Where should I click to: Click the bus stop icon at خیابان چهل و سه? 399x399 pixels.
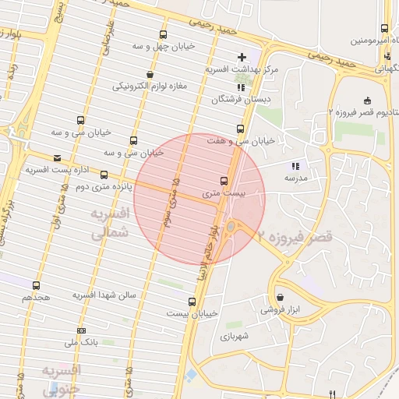[x=162, y=35]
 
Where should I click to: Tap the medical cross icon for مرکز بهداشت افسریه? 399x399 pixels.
[x=242, y=57]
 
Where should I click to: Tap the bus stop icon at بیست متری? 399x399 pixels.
[x=224, y=180]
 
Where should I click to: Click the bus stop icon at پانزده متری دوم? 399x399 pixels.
[x=104, y=175]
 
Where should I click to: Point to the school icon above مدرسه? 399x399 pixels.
[x=295, y=166]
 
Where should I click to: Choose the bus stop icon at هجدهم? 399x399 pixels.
[x=37, y=286]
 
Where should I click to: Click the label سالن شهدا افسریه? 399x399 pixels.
[x=105, y=295]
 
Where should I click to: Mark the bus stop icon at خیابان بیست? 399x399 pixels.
[x=192, y=302]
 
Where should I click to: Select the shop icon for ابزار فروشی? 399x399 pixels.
[x=280, y=297]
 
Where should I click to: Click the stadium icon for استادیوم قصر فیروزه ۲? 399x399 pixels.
[x=367, y=100]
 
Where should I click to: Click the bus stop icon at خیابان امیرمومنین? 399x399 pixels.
[x=384, y=29]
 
